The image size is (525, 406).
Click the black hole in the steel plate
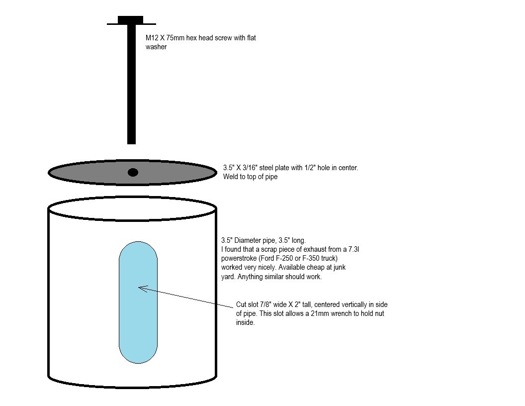pyautogui.click(x=133, y=173)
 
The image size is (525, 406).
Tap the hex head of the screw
pyautogui.click(x=131, y=20)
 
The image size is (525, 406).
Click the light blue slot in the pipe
pyautogui.click(x=138, y=302)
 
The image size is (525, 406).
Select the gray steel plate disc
pyautogui.click(x=133, y=172)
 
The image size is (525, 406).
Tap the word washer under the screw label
pyautogui.click(x=156, y=47)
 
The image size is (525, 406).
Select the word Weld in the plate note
pyautogui.click(x=230, y=177)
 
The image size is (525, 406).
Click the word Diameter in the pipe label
pyautogui.click(x=248, y=240)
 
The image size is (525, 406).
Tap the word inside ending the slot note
pyautogui.click(x=246, y=322)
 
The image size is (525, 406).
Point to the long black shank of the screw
pyautogui.click(x=132, y=84)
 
